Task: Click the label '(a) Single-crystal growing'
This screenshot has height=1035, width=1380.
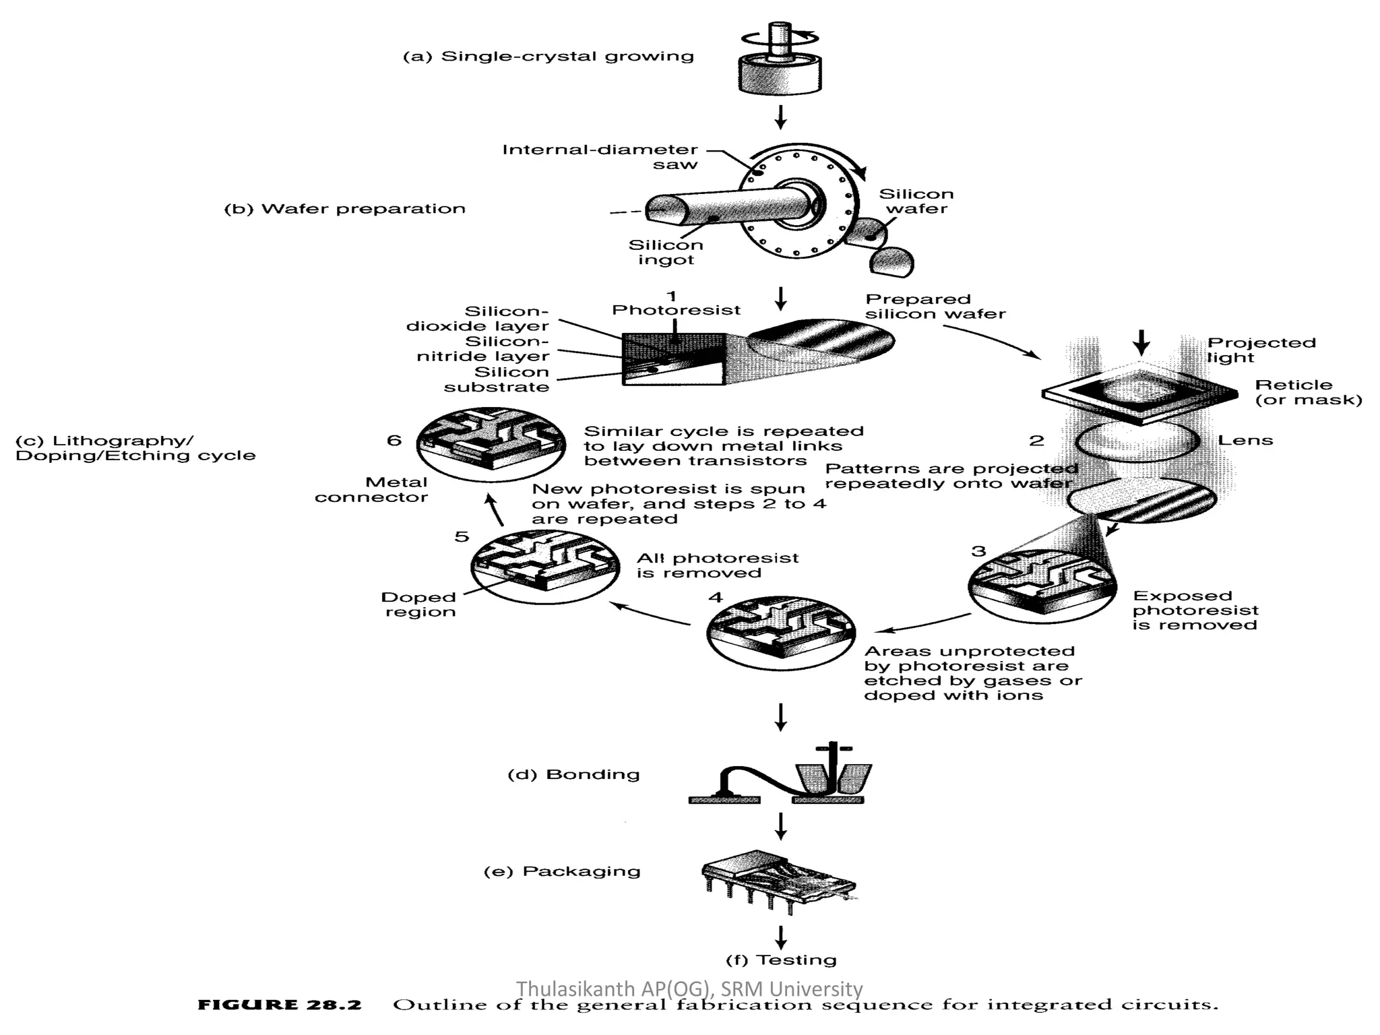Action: (548, 56)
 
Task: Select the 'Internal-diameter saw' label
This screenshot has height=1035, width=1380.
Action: (600, 156)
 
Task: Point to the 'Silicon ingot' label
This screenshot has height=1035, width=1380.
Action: (666, 252)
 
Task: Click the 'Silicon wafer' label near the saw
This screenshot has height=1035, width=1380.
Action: (916, 201)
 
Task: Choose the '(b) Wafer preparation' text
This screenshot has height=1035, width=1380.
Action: (344, 209)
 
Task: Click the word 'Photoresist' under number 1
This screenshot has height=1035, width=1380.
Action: (676, 310)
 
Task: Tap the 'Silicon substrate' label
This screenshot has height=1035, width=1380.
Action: (497, 379)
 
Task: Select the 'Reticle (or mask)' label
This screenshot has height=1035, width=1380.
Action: (1308, 392)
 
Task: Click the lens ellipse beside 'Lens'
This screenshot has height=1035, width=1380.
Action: (1138, 441)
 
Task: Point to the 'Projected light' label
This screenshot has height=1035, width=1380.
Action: (1261, 350)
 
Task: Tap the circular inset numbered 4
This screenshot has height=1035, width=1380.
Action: (781, 631)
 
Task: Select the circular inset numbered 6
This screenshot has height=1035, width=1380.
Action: (491, 443)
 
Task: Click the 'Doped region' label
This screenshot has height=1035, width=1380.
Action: (419, 604)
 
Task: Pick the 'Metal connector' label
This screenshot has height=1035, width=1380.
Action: (371, 490)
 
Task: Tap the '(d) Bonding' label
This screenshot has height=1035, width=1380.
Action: (573, 774)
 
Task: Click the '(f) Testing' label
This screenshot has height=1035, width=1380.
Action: (781, 960)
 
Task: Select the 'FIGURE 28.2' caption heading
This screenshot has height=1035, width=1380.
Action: (280, 1005)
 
